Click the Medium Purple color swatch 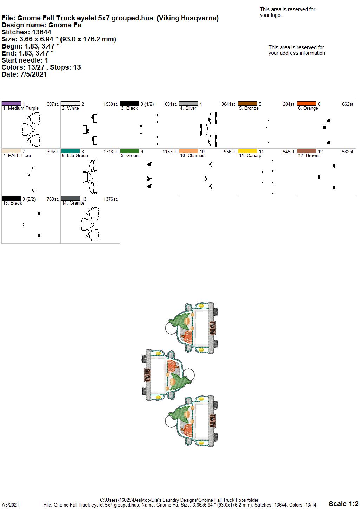[11, 104]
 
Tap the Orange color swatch [307, 104]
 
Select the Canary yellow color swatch [247, 151]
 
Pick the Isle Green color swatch [70, 151]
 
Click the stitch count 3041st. [229, 104]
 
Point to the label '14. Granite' [73, 203]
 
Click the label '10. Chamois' [193, 155]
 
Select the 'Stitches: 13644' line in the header [26, 32]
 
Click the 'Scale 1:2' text [343, 503]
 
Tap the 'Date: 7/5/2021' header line [24, 74]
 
